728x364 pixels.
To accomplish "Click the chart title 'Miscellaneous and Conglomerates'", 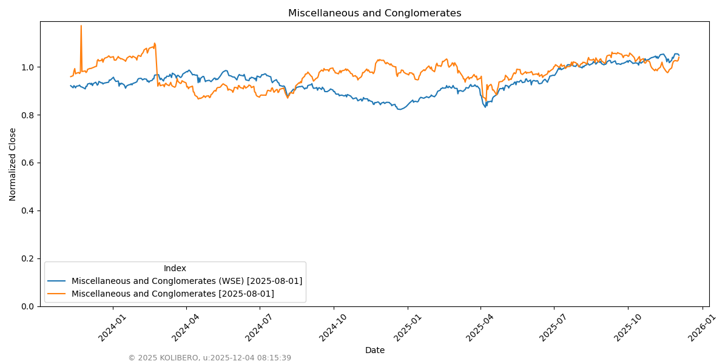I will coord(374,13).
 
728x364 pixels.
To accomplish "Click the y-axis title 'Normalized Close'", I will coord(13,164).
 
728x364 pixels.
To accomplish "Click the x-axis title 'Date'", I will coord(374,350).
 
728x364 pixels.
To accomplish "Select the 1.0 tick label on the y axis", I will coord(28,67).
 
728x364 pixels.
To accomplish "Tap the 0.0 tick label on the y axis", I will coord(28,306).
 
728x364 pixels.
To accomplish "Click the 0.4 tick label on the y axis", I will coord(28,211).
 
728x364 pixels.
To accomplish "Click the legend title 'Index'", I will coord(175,268).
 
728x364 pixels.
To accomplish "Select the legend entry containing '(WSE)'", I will coord(187,281).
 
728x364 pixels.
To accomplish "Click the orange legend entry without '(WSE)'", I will coord(173,294).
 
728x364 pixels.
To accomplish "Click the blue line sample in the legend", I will coord(57,281).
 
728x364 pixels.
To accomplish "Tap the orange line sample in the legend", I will coord(57,294).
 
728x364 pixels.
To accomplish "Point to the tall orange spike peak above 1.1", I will coord(81,26).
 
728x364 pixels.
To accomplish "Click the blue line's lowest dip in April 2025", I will coord(485,107).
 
